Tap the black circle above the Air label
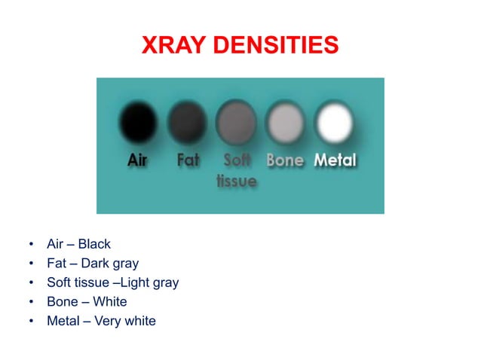[138, 121]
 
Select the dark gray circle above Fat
[187, 121]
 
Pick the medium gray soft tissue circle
[236, 122]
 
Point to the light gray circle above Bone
[285, 121]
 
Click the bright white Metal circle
[334, 121]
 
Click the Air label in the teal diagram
[138, 161]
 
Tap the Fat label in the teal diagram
[187, 161]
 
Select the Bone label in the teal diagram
[285, 161]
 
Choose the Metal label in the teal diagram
[335, 161]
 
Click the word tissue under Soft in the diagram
[236, 182]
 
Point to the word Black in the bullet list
[95, 244]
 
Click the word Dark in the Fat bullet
[95, 264]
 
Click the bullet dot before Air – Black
[31, 245]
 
